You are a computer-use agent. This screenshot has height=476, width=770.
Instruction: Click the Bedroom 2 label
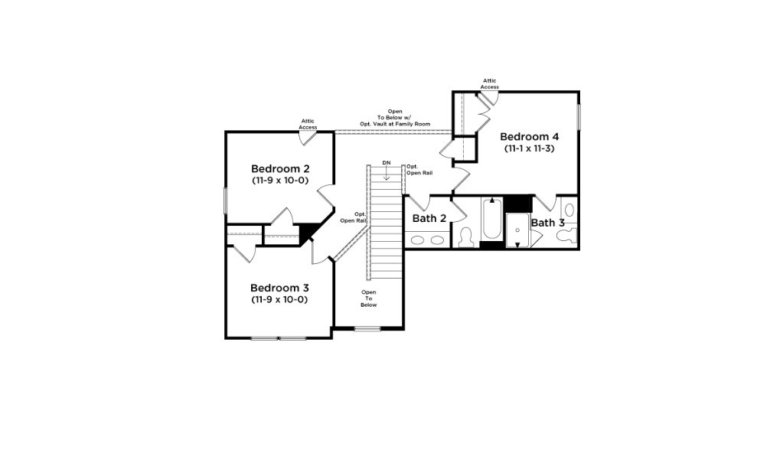pos(279,168)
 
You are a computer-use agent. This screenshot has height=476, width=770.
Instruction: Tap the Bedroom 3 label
pos(279,288)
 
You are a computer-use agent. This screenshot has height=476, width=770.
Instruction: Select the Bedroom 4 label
pos(528,136)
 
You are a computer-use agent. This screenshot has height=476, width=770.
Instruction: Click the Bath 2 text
pos(429,219)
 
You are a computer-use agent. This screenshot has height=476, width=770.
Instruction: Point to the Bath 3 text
pos(548,223)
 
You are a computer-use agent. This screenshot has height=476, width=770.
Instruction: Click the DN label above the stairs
pos(387,163)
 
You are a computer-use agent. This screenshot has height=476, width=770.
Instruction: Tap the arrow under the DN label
pos(387,175)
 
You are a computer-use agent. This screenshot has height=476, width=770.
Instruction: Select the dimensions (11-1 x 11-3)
pos(528,148)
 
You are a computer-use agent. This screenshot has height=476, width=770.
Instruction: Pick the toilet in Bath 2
pos(465,239)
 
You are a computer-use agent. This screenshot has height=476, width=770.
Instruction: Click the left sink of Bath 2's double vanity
pos(418,240)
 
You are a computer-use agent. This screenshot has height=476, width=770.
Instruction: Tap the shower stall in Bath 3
pos(517,229)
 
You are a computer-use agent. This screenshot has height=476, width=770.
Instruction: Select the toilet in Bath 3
pos(565,237)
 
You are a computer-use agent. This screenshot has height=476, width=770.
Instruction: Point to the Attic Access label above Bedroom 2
pos(308,123)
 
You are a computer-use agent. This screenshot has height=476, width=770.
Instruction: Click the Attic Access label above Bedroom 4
pos(489,83)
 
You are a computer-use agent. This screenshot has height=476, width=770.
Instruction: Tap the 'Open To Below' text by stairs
pos(369,298)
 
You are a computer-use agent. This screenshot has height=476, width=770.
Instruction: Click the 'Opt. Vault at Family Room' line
pos(395,124)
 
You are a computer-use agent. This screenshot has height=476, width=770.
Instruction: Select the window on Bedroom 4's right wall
pos(579,115)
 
